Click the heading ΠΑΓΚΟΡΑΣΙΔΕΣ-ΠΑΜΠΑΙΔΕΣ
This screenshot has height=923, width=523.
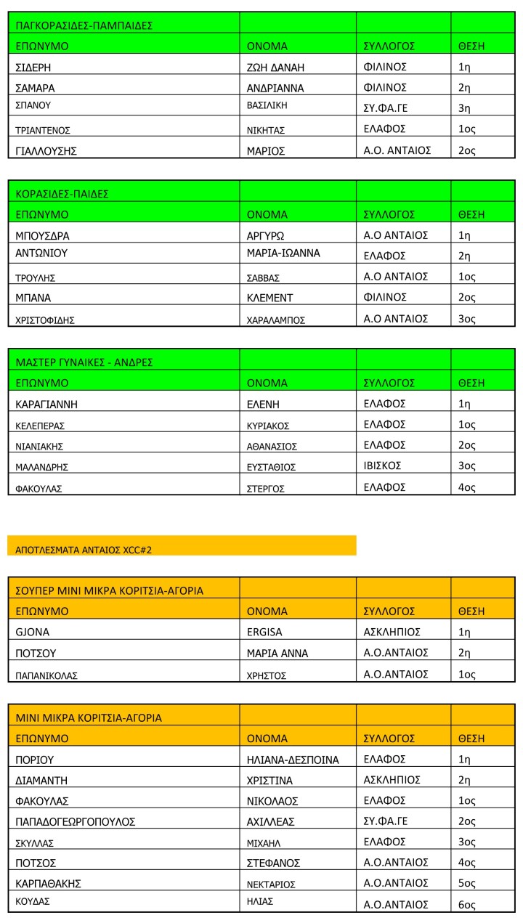pyautogui.click(x=84, y=25)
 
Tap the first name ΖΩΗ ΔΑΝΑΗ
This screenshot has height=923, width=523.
pyautogui.click(x=275, y=67)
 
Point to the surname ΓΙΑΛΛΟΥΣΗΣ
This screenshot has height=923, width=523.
pyautogui.click(x=46, y=151)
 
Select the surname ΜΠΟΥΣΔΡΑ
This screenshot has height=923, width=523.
pyautogui.click(x=43, y=235)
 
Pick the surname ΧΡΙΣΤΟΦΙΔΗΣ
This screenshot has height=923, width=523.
pyautogui.click(x=46, y=319)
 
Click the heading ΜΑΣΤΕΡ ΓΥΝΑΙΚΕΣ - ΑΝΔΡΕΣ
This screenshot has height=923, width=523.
pyautogui.click(x=84, y=362)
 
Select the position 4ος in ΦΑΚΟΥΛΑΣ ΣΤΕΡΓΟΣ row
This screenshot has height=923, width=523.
pyautogui.click(x=466, y=487)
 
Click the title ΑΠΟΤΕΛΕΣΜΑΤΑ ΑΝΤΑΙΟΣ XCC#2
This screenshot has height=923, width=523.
pyautogui.click(x=84, y=550)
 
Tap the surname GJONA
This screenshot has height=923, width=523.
pyautogui.click(x=32, y=632)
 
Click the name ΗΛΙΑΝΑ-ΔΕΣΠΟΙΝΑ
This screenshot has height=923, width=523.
pyautogui.click(x=293, y=760)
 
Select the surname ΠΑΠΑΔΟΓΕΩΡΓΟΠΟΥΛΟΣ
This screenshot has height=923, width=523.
pyautogui.click(x=76, y=821)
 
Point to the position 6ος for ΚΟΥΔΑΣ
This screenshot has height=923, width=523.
pyautogui.click(x=467, y=904)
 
